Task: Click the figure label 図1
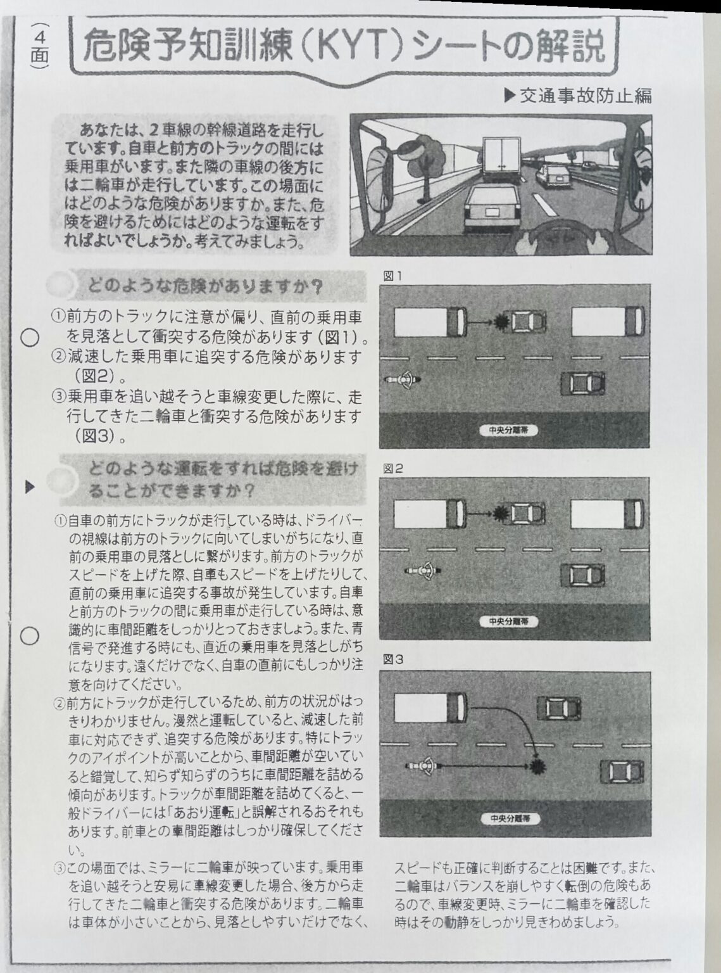pyautogui.click(x=392, y=276)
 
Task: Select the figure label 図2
pyautogui.click(x=392, y=469)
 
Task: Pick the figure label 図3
pyautogui.click(x=392, y=659)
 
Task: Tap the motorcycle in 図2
pyautogui.click(x=422, y=572)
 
